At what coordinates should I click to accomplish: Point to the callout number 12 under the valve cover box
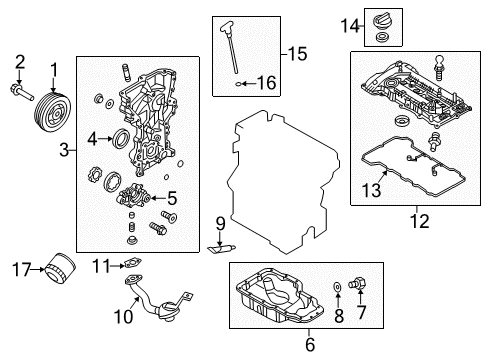coord(413,210)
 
